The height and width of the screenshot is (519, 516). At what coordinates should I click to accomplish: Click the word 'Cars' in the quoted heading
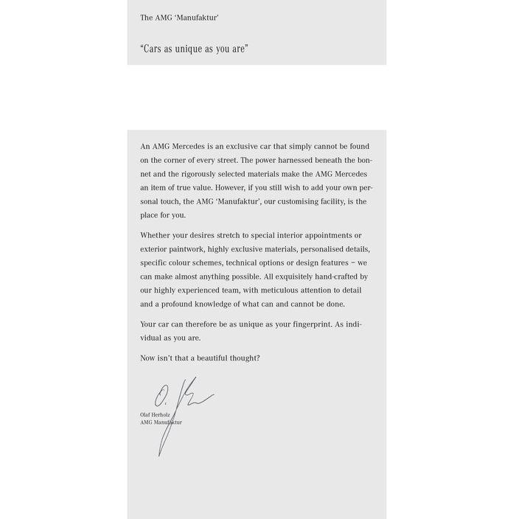tap(152, 49)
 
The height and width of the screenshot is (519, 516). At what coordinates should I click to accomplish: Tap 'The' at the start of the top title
tap(147, 18)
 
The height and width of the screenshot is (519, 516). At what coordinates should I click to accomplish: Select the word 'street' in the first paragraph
tap(226, 160)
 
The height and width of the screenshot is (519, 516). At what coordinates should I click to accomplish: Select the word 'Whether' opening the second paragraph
tap(156, 236)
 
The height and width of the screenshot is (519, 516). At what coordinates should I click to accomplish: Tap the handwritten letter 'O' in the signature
tap(161, 396)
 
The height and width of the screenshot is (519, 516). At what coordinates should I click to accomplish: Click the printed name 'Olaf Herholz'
tap(155, 415)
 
